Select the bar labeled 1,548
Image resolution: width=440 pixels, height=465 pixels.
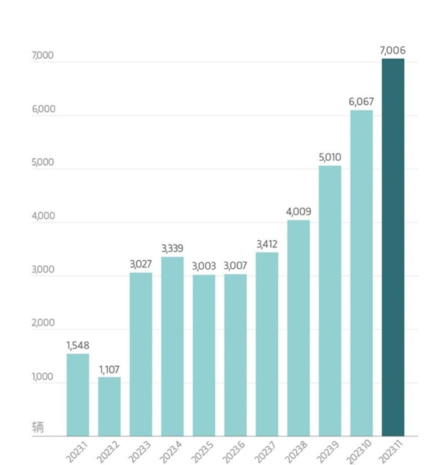78,394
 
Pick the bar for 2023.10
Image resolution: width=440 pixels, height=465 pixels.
361,273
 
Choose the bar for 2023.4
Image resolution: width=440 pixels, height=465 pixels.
172,346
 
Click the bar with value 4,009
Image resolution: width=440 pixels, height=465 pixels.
298,328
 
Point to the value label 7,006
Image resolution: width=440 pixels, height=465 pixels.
392,50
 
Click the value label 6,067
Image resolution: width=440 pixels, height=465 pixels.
361,101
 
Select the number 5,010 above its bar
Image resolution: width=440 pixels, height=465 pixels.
329,156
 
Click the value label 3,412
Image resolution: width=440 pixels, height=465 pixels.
267,244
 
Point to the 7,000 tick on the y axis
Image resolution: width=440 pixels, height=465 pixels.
43,56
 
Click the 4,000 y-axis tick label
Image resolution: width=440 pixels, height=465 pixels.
43,216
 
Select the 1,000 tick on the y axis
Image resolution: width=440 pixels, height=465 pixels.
43,378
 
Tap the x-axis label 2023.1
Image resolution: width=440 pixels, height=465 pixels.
76,449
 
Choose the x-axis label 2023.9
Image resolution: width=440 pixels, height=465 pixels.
327,449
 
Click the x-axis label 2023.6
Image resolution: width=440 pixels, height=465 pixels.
233,449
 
